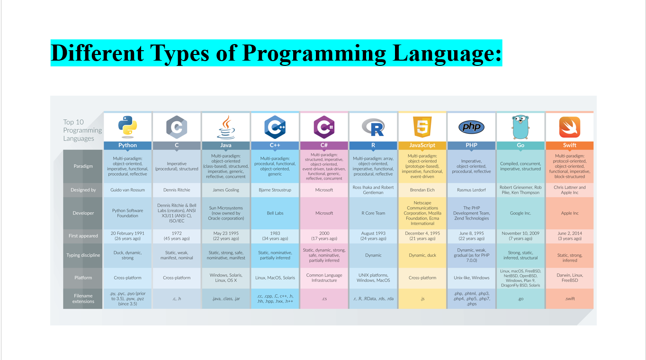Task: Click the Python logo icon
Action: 127,127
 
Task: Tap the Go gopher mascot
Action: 520,127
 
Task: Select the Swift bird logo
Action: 570,127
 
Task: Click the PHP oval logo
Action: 471,127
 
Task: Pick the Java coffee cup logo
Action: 226,127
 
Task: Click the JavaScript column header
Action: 422,145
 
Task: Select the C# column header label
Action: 324,145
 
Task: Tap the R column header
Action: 373,145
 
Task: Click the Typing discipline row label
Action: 83,255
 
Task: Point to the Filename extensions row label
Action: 83,298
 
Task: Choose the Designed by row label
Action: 83,190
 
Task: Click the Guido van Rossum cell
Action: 127,190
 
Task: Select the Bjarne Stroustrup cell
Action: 275,190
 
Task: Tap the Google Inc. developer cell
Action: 520,213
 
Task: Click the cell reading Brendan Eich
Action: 422,190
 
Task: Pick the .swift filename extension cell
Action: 570,299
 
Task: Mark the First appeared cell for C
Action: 177,236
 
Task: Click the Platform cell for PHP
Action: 471,278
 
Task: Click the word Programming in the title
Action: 314,54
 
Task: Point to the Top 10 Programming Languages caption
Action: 82,130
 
